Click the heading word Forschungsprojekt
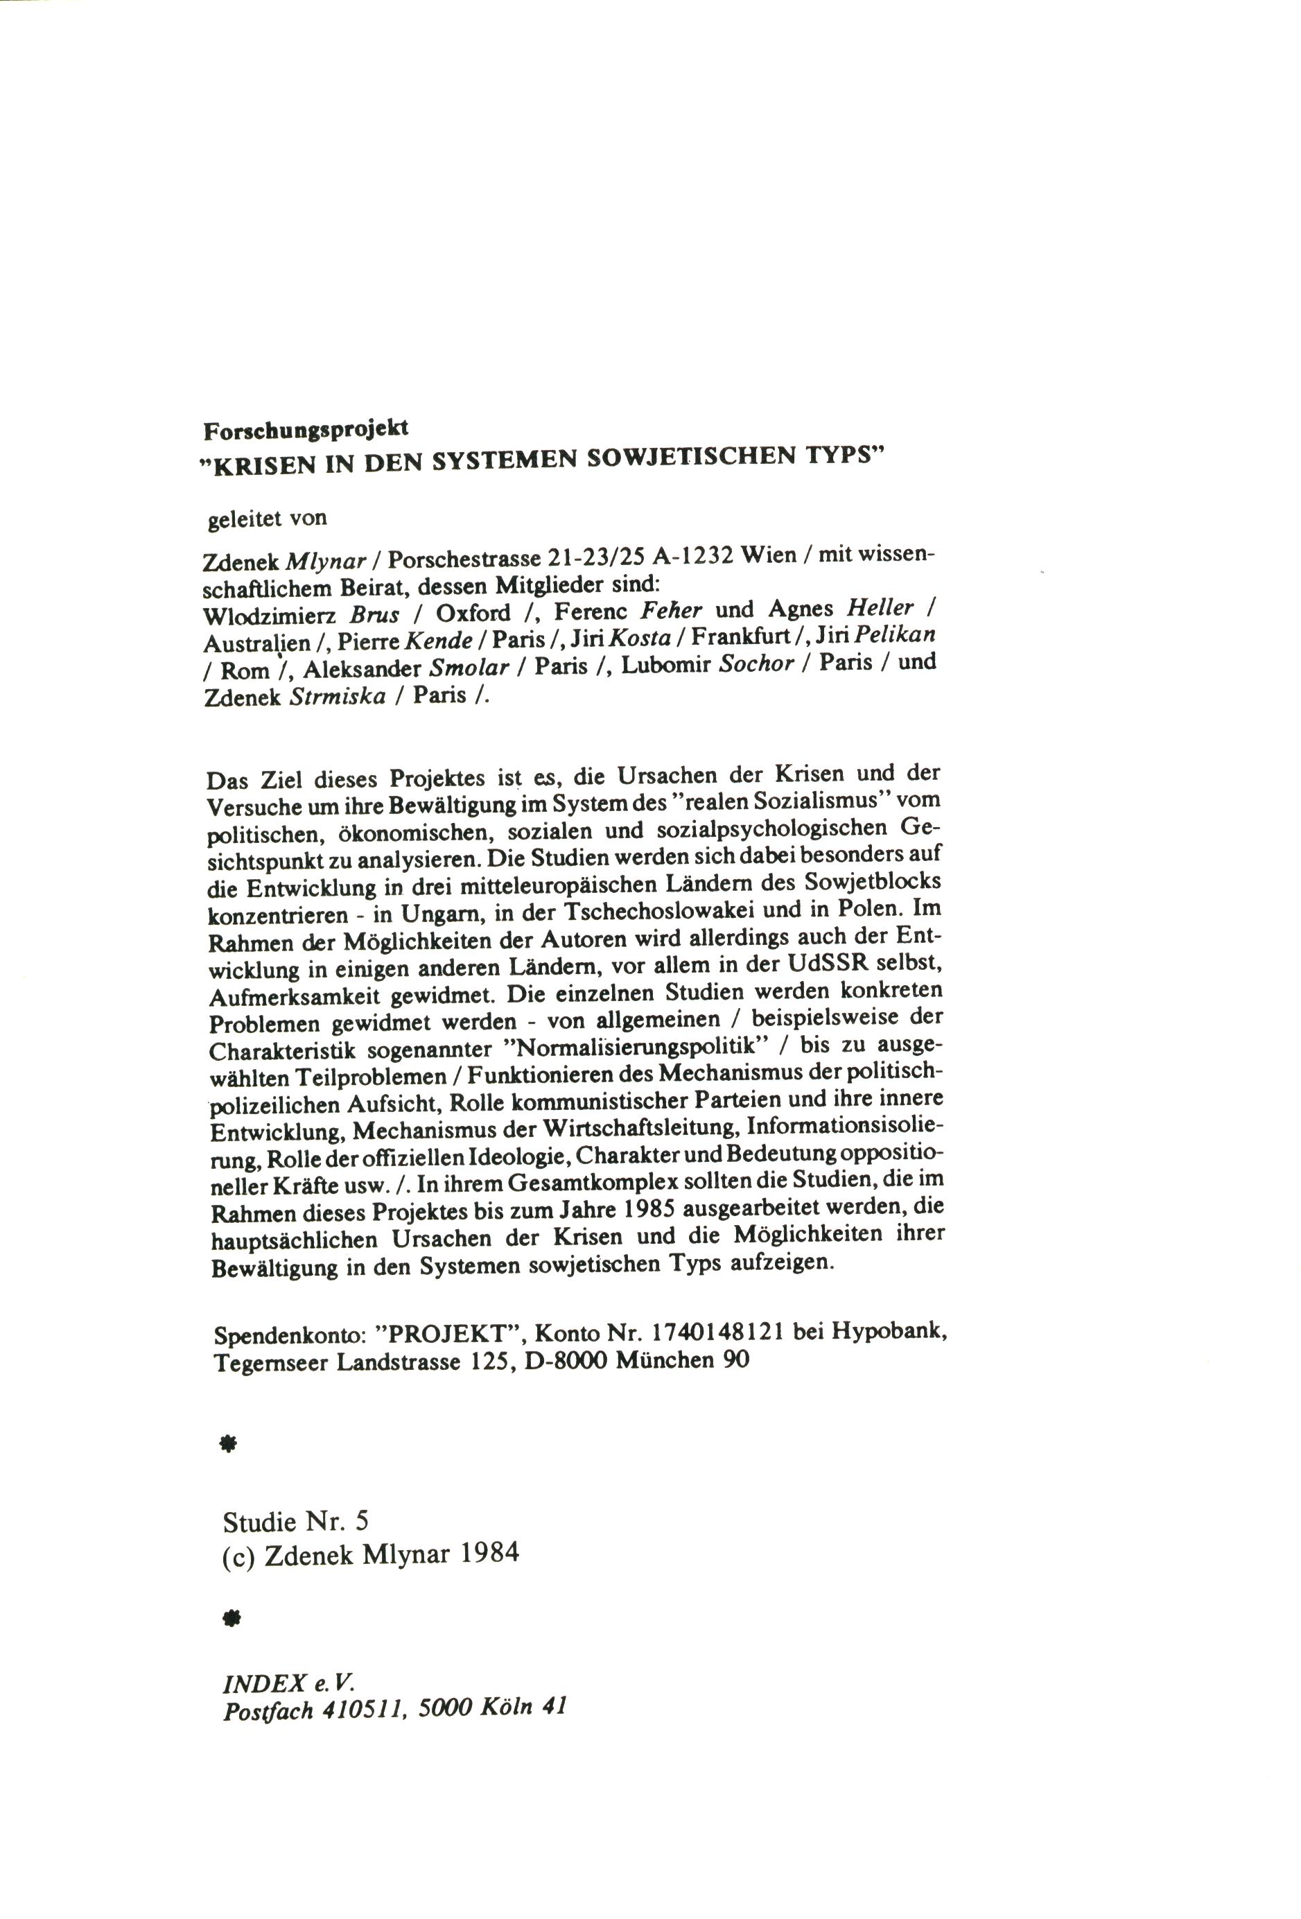[x=306, y=429]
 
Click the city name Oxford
[x=473, y=614]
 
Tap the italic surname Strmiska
[x=338, y=696]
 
